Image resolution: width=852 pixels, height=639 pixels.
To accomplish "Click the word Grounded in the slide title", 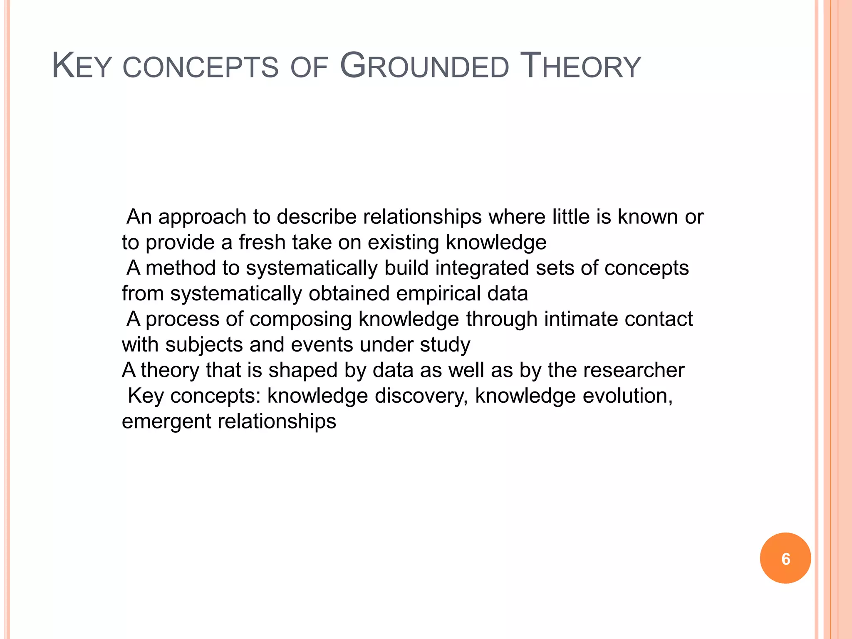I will click(424, 67).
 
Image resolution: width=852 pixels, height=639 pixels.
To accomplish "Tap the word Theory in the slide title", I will click(581, 67).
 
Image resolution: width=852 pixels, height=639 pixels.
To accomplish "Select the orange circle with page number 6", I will click(785, 558).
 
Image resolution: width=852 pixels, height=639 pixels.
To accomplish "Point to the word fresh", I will click(262, 243).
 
